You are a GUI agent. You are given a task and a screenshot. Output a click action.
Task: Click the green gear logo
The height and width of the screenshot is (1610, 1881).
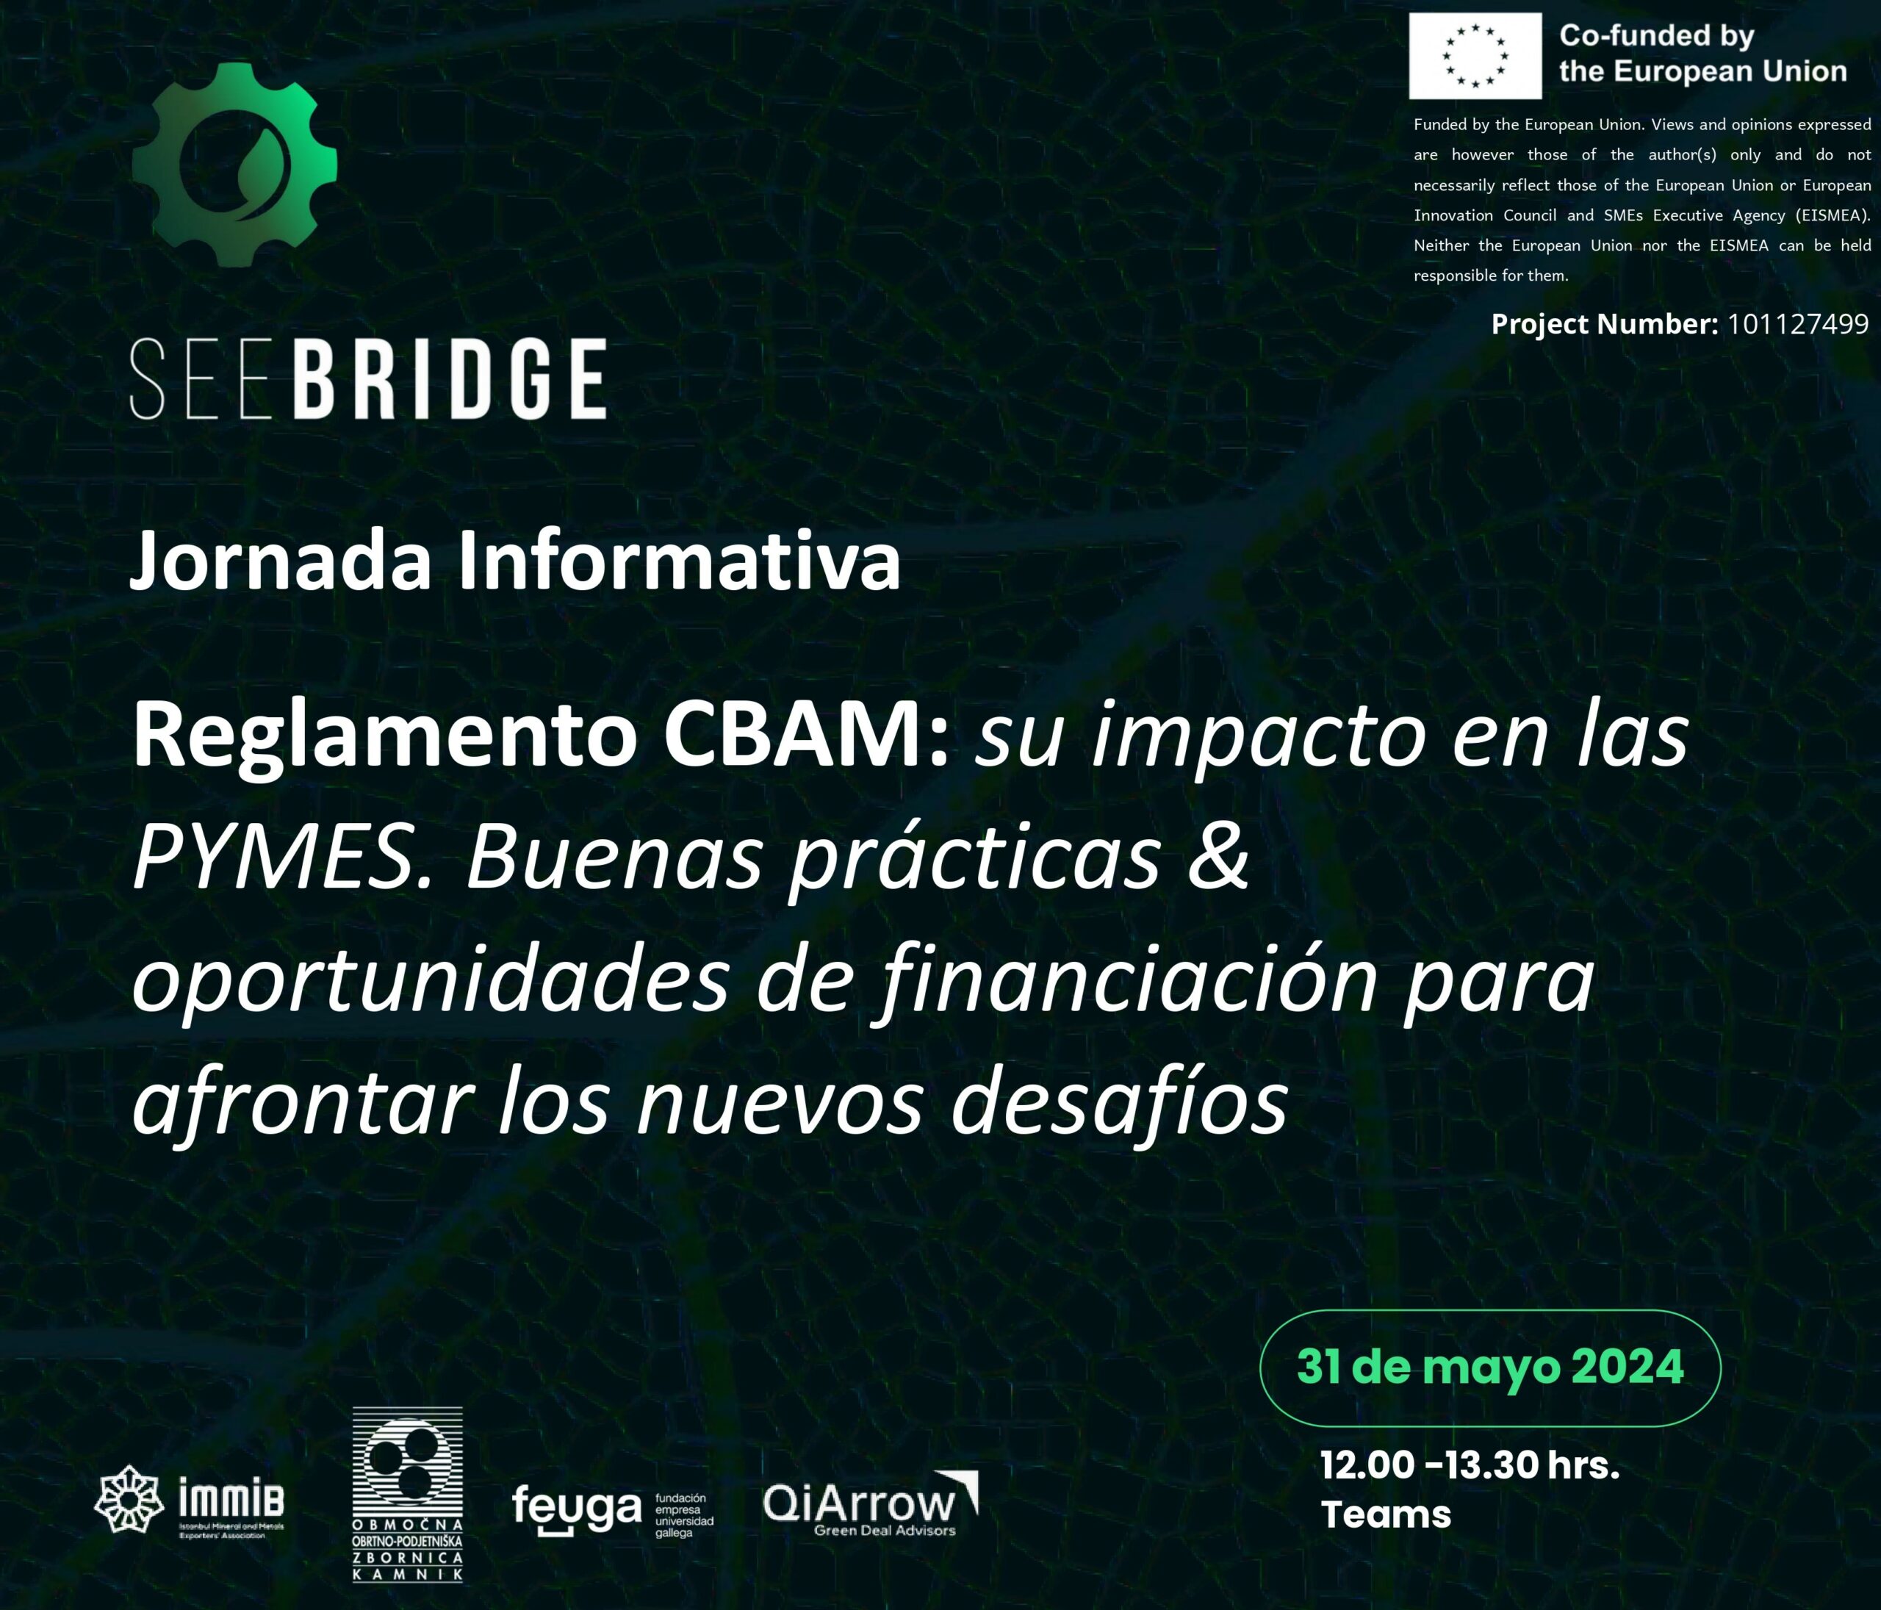tap(234, 165)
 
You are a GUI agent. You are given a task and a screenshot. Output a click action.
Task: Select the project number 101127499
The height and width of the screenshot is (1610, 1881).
tap(1797, 324)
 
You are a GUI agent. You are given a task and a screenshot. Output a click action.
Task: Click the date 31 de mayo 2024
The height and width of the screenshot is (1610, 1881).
tap(1489, 1368)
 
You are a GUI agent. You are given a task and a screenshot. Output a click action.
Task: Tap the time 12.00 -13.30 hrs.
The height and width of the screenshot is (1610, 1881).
tap(1469, 1465)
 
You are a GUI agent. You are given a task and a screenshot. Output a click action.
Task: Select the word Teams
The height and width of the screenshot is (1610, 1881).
tap(1385, 1514)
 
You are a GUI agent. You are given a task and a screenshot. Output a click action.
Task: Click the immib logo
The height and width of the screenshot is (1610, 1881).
tap(190, 1501)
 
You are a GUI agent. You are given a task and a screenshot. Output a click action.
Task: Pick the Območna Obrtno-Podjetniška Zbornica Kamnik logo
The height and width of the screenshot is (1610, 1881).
tap(407, 1494)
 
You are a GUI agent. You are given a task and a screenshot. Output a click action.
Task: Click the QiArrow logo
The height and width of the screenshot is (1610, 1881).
tap(870, 1506)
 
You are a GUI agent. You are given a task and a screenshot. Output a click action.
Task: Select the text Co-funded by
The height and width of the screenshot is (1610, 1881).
tap(1656, 35)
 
